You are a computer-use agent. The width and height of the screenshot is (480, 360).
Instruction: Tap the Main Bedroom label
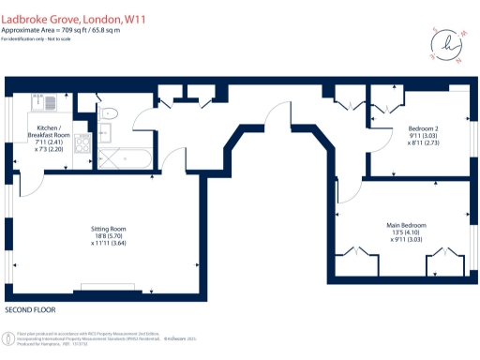point(407,225)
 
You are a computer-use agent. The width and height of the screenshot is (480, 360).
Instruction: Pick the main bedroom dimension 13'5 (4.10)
point(407,234)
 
